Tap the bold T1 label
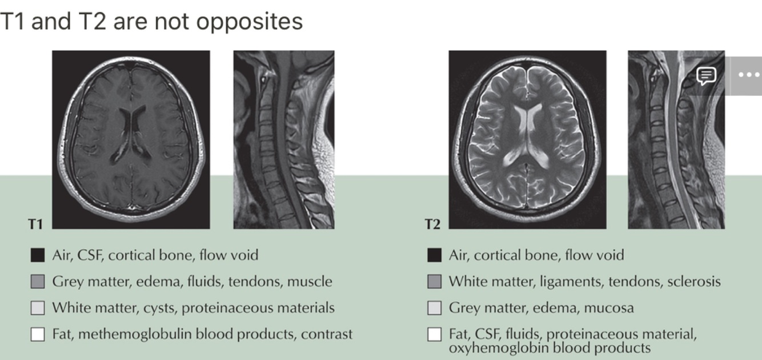click(x=35, y=224)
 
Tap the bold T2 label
click(x=432, y=224)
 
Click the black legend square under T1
click(x=38, y=255)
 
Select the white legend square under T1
click(x=38, y=334)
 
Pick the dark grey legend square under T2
click(x=434, y=282)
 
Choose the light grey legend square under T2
click(x=434, y=308)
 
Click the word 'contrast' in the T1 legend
click(x=328, y=334)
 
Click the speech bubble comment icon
click(x=707, y=75)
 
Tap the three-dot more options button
click(x=748, y=75)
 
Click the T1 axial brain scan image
click(x=131, y=139)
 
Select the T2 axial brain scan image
click(x=527, y=139)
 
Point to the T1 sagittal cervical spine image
click(x=284, y=139)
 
